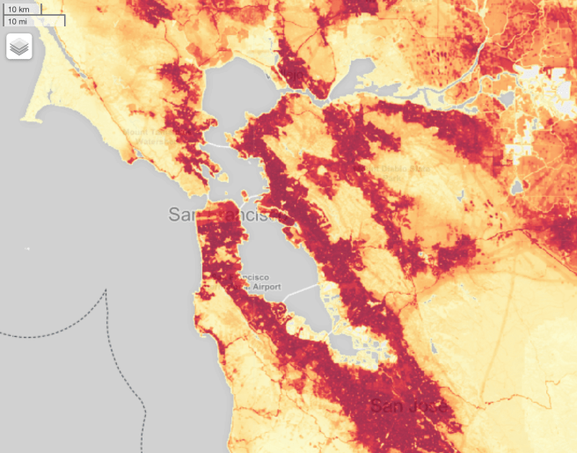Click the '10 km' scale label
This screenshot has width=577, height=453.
pos(18,9)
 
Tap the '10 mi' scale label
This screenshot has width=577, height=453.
pos(18,20)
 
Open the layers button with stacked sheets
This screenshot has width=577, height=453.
pos(19,47)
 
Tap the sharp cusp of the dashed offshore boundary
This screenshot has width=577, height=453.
pos(106,291)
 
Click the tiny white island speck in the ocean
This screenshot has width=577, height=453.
pos(26,250)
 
